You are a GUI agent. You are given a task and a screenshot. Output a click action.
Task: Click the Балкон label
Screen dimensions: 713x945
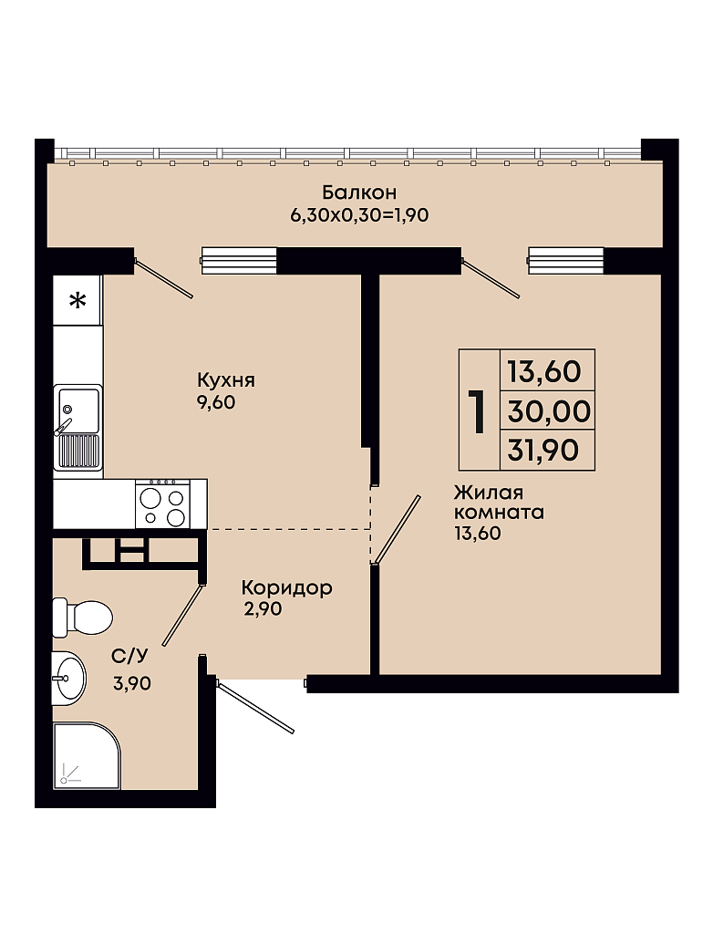click(x=359, y=192)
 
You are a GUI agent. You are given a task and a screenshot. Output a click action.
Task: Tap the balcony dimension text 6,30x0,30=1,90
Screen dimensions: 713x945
click(x=359, y=215)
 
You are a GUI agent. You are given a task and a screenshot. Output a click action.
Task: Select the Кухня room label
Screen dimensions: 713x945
click(x=226, y=380)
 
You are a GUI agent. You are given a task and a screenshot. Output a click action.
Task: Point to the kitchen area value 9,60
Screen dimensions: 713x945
click(x=215, y=402)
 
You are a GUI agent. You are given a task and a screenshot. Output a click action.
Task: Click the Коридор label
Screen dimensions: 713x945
click(x=286, y=587)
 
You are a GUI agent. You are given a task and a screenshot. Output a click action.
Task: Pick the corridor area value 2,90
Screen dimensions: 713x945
click(x=263, y=608)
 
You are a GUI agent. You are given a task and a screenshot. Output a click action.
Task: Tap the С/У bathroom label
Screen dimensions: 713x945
click(x=129, y=656)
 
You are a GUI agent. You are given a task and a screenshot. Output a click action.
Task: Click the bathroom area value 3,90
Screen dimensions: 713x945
click(x=132, y=683)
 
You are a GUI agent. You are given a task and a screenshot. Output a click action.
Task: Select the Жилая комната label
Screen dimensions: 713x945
click(x=499, y=502)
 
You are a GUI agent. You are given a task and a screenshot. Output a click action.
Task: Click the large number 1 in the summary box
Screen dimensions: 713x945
click(x=478, y=411)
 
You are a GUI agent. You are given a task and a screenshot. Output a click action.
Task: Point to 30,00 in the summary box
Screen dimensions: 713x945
click(x=549, y=411)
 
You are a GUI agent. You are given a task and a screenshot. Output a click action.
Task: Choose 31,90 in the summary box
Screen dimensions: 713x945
click(x=543, y=451)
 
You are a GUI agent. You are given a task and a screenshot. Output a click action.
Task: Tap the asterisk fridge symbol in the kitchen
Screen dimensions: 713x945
click(x=77, y=299)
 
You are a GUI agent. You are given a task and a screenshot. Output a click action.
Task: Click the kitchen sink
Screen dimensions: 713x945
click(x=77, y=427)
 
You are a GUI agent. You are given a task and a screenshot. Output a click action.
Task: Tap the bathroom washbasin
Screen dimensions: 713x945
click(x=69, y=678)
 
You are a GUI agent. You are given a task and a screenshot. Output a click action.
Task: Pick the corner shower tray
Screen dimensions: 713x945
click(x=87, y=756)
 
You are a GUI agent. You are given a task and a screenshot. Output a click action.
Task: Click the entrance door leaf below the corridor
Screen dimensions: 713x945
click(x=255, y=708)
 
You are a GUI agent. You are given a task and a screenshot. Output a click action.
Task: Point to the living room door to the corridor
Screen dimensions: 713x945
click(x=396, y=530)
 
